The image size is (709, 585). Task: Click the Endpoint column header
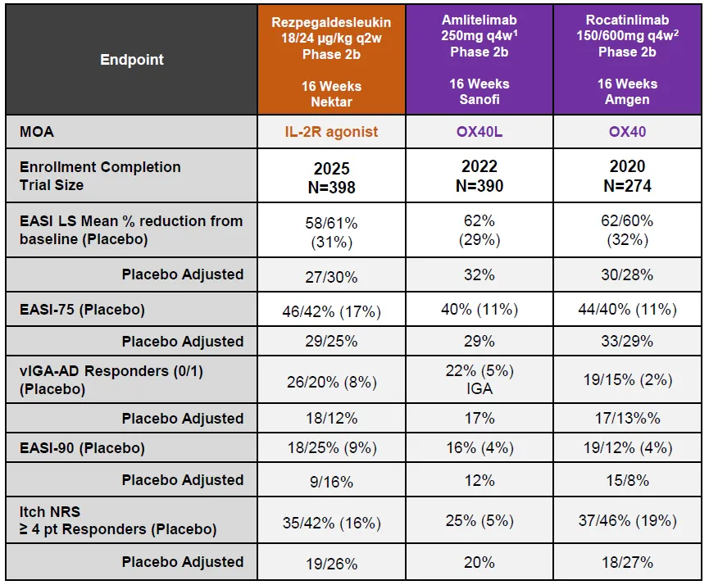pyautogui.click(x=132, y=59)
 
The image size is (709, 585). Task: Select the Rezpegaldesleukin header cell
pyautogui.click(x=331, y=60)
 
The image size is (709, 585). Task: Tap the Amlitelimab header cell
pyautogui.click(x=479, y=58)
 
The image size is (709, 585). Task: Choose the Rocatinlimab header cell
pyautogui.click(x=627, y=58)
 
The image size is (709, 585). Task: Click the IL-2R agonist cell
pyautogui.click(x=331, y=131)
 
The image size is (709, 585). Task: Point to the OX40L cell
pyautogui.click(x=479, y=131)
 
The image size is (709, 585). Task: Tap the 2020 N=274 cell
pyautogui.click(x=627, y=176)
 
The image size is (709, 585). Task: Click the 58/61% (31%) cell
pyautogui.click(x=331, y=231)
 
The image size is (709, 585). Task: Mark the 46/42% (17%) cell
pyautogui.click(x=331, y=310)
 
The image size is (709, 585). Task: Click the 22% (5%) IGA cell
pyautogui.click(x=479, y=379)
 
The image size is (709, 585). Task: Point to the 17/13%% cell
pyautogui.click(x=627, y=418)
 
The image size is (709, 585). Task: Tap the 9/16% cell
pyautogui.click(x=331, y=480)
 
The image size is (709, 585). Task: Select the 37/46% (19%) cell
pyautogui.click(x=627, y=521)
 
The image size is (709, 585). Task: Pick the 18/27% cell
pyautogui.click(x=627, y=562)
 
